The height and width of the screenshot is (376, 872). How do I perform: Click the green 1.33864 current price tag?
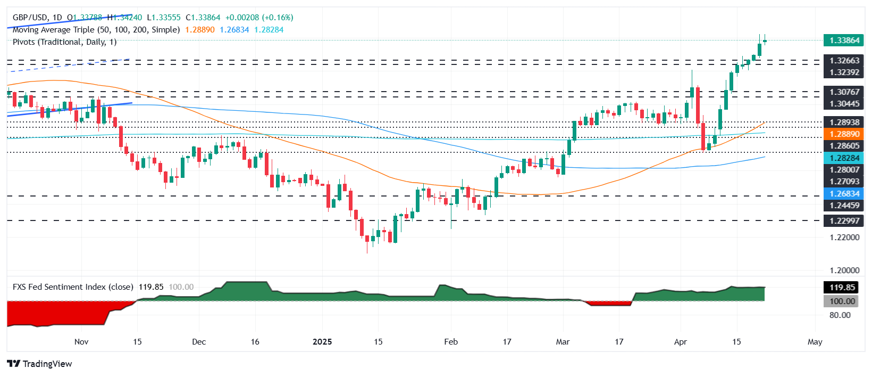844,40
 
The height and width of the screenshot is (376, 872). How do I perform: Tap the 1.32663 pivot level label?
844,61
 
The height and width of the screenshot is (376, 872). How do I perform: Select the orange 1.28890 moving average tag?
844,134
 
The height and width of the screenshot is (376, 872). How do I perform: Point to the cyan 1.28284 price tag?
844,158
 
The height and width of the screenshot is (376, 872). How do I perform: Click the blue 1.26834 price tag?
844,194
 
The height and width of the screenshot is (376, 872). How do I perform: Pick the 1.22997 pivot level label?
844,221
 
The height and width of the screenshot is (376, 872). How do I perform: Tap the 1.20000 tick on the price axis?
844,271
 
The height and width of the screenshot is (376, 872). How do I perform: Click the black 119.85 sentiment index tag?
843,288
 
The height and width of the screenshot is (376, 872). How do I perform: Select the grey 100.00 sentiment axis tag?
843,301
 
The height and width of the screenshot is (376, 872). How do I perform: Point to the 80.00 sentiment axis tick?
840,315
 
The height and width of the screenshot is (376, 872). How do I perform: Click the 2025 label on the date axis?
322,342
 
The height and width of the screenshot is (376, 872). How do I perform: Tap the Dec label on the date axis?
199,342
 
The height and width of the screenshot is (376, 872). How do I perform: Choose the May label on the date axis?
815,342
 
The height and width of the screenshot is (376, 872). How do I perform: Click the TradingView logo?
40,364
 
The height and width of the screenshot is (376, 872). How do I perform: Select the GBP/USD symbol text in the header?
30,18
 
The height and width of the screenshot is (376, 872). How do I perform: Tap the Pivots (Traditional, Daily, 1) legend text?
64,42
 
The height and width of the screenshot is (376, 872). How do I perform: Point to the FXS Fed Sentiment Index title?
73,287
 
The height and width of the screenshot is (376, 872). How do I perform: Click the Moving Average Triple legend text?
96,30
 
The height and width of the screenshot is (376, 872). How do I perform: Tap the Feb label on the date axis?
451,342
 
